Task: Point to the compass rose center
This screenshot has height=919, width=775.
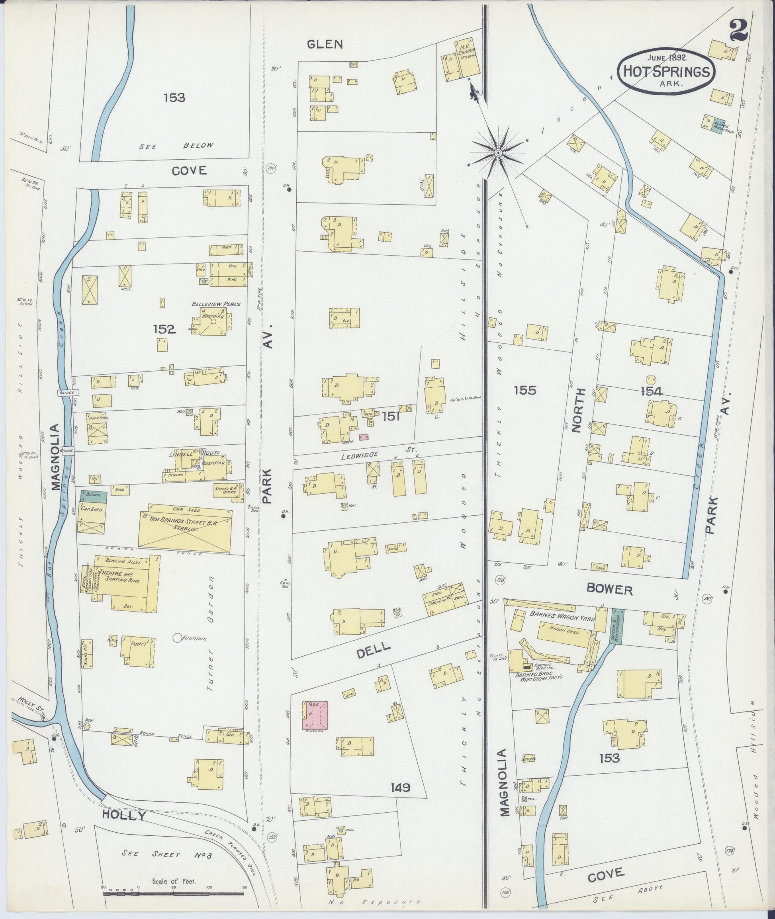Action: (498, 153)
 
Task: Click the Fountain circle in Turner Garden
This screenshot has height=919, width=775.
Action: (178, 637)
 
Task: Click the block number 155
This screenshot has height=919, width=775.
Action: (525, 390)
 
